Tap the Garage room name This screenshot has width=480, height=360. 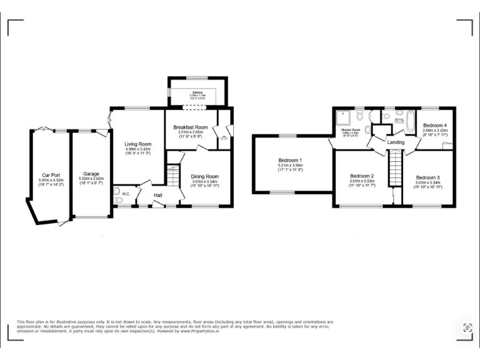pos(92,174)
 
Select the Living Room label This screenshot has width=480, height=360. pos(138,144)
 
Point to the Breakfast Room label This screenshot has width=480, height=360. pos(190,127)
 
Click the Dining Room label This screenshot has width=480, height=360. pos(206,176)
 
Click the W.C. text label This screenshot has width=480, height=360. pos(126,192)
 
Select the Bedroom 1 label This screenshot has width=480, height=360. pos(290,160)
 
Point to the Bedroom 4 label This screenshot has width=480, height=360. pos(435,125)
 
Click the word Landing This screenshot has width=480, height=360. pos(396,142)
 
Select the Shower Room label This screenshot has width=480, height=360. pos(350,129)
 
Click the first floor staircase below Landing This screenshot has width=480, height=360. pos(394,168)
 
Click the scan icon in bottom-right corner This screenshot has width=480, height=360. pos(467,327)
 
